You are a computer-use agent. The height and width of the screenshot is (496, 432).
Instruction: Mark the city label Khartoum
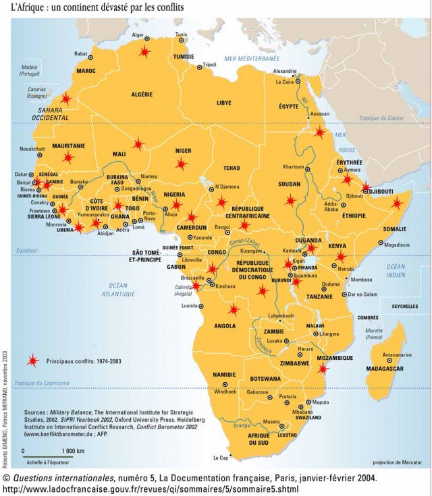294,166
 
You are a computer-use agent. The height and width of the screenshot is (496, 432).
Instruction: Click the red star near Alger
144,51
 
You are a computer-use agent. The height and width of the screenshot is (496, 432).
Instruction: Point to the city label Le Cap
221,458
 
